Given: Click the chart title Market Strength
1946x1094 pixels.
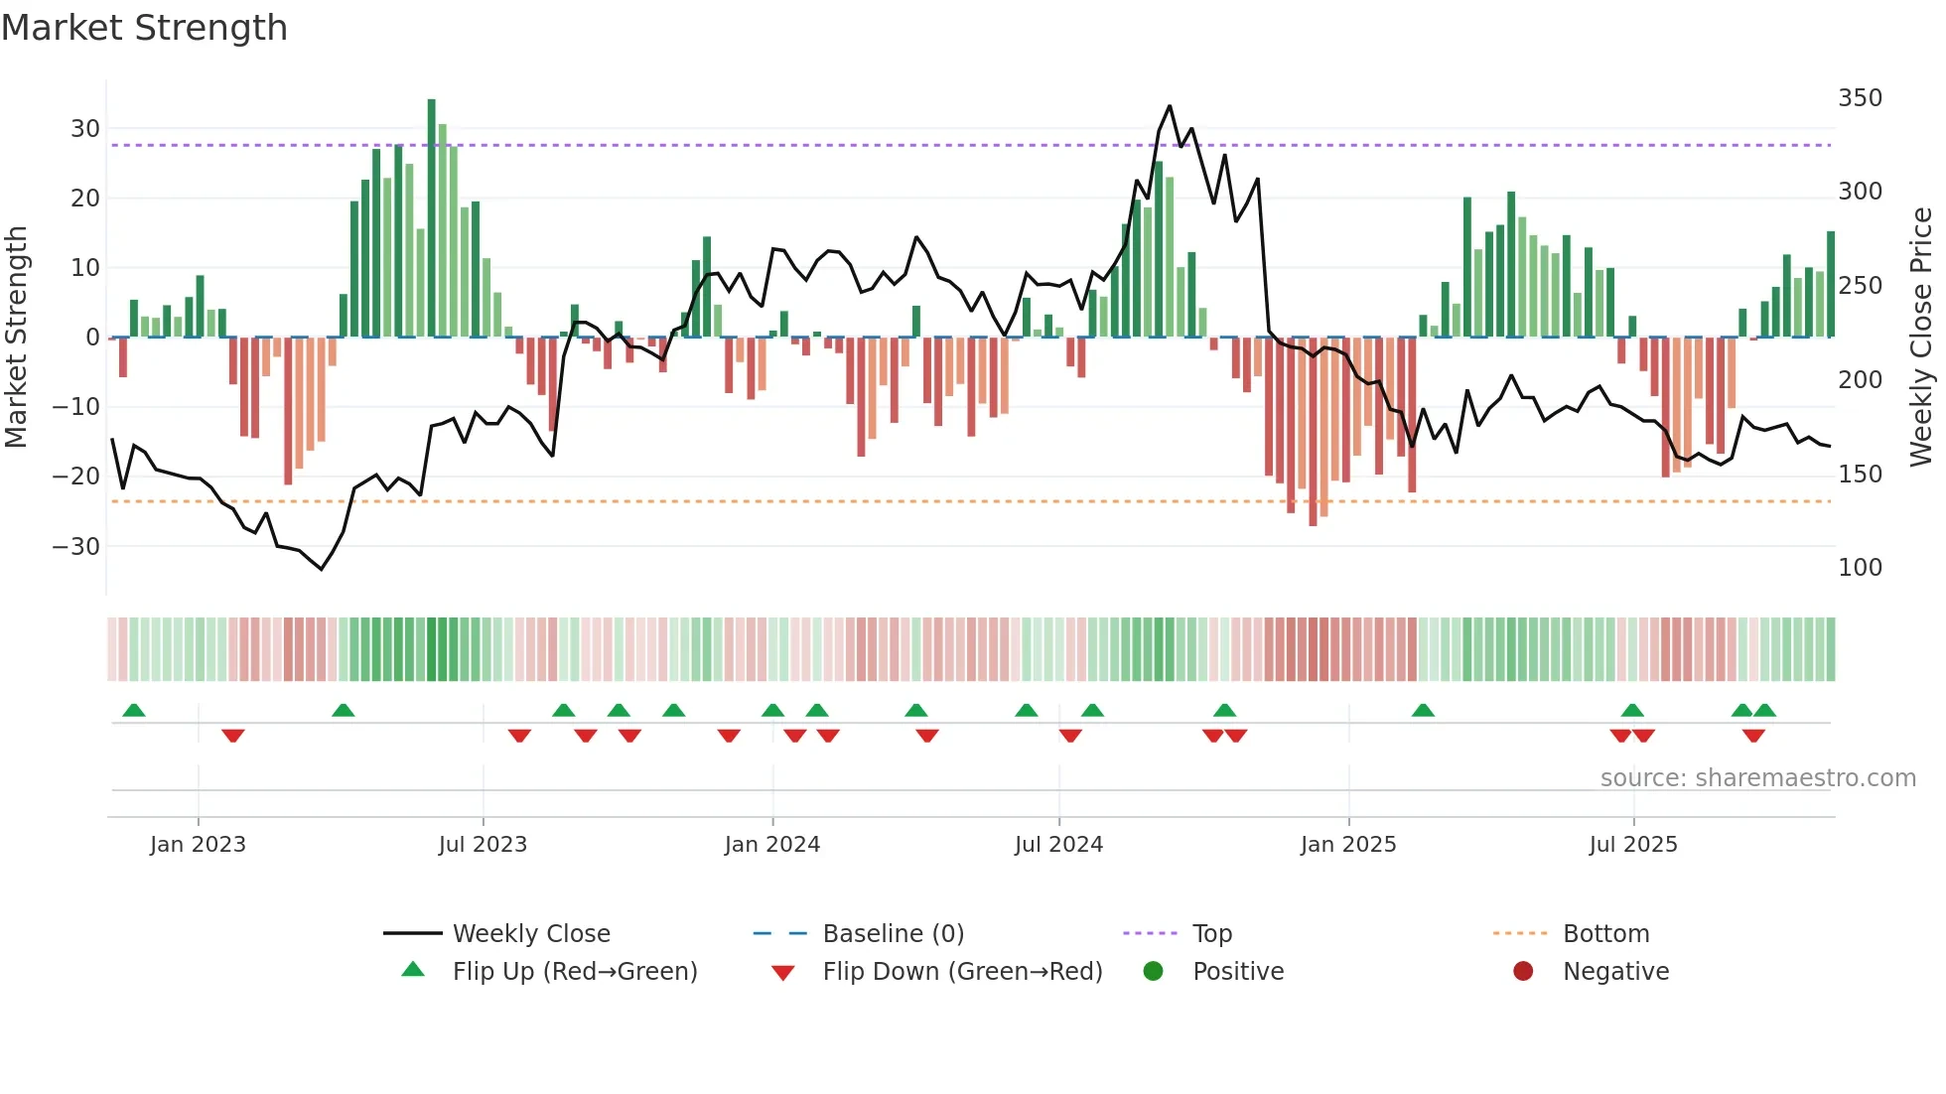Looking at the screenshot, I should [x=145, y=28].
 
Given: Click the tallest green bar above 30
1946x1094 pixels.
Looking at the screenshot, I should [x=431, y=218].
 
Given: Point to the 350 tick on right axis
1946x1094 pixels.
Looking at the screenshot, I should [x=1860, y=98].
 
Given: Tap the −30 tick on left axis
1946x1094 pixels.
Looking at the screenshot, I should [x=76, y=546].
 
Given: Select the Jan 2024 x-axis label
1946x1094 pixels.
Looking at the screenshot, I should [x=772, y=845].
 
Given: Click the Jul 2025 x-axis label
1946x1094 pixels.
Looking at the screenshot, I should [x=1633, y=845].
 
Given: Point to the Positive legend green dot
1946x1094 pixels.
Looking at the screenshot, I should [x=1153, y=972].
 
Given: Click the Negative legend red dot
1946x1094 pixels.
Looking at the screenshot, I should [x=1523, y=972].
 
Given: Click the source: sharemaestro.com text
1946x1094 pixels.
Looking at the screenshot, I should [x=1757, y=778].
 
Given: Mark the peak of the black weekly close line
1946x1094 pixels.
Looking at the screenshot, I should [x=1170, y=106].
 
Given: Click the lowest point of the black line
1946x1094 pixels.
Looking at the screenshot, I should [x=322, y=569].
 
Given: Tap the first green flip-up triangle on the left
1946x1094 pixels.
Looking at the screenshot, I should [x=134, y=710].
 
